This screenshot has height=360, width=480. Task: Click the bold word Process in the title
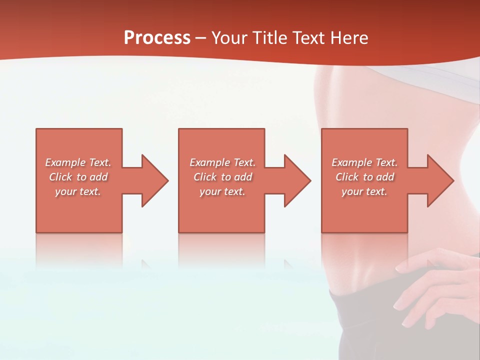pyautogui.click(x=157, y=38)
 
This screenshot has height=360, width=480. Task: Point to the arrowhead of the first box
pyautogui.click(x=155, y=180)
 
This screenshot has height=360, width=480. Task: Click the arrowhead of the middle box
pyautogui.click(x=297, y=180)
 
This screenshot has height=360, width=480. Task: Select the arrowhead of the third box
pyautogui.click(x=440, y=180)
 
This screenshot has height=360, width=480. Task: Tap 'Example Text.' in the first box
pyautogui.click(x=78, y=162)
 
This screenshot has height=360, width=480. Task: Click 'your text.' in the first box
pyautogui.click(x=78, y=191)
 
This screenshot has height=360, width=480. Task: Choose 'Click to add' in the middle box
pyautogui.click(x=222, y=177)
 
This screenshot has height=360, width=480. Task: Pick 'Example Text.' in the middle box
pyautogui.click(x=222, y=162)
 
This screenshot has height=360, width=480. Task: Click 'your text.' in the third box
pyautogui.click(x=364, y=191)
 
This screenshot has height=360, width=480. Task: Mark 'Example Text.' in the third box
pyautogui.click(x=364, y=162)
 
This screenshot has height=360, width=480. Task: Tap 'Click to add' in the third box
pyautogui.click(x=364, y=177)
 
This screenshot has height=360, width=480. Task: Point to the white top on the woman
pyautogui.click(x=400, y=75)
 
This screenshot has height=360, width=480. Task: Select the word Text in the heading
pyautogui.click(x=309, y=38)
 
